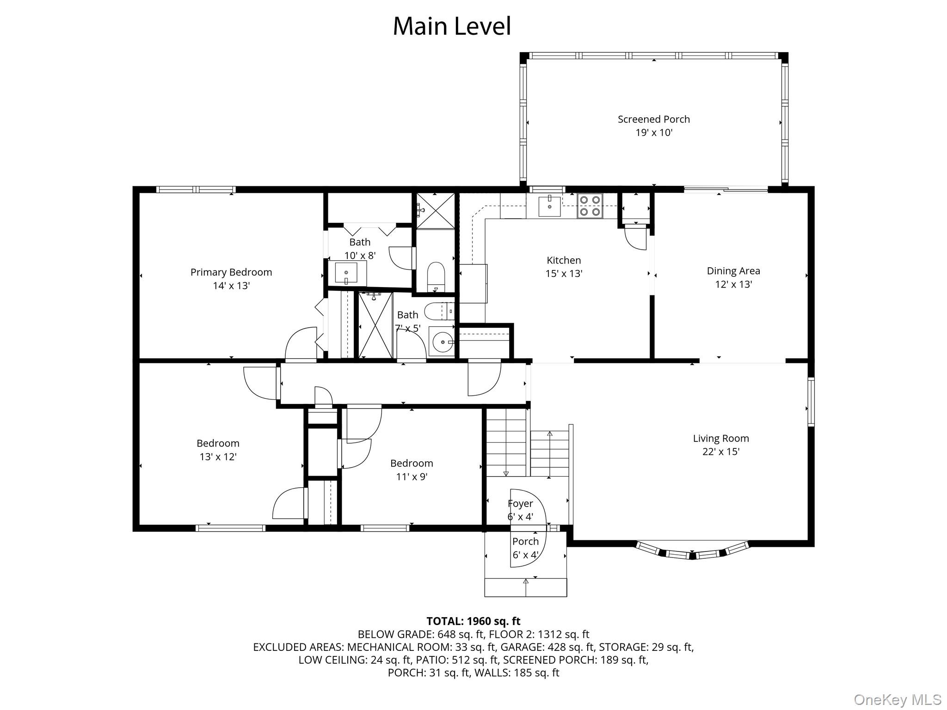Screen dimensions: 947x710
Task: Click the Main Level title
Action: click(x=452, y=26)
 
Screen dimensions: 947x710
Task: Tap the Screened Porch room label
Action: click(x=654, y=119)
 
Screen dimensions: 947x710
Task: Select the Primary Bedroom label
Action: click(x=231, y=272)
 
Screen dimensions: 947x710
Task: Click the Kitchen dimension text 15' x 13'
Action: click(x=564, y=274)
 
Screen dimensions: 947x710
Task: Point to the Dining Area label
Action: click(x=733, y=271)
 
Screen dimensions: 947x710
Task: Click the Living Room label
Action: click(x=721, y=439)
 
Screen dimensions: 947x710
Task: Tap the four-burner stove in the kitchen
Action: click(x=590, y=206)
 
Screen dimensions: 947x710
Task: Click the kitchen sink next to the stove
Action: click(x=550, y=206)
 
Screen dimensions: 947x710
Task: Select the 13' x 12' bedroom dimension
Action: click(x=218, y=457)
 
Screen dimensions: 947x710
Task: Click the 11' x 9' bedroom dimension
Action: click(x=412, y=477)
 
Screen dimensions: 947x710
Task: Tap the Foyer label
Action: click(x=520, y=503)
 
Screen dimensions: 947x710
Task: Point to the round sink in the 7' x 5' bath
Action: click(x=442, y=342)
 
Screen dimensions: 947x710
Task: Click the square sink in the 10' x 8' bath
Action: click(x=346, y=273)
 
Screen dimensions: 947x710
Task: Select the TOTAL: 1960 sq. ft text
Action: click(x=473, y=621)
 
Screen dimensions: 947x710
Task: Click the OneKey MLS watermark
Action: click(x=898, y=700)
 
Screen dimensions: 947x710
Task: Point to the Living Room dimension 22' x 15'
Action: click(x=721, y=452)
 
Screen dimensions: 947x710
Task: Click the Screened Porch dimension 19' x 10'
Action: click(x=654, y=133)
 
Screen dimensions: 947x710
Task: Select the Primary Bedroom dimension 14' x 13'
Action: click(x=231, y=286)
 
